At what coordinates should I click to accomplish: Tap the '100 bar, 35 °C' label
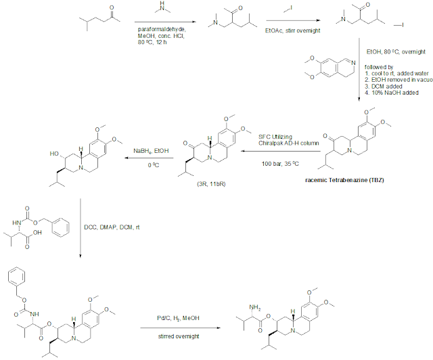277,164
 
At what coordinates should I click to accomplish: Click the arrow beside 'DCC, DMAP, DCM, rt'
81,227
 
